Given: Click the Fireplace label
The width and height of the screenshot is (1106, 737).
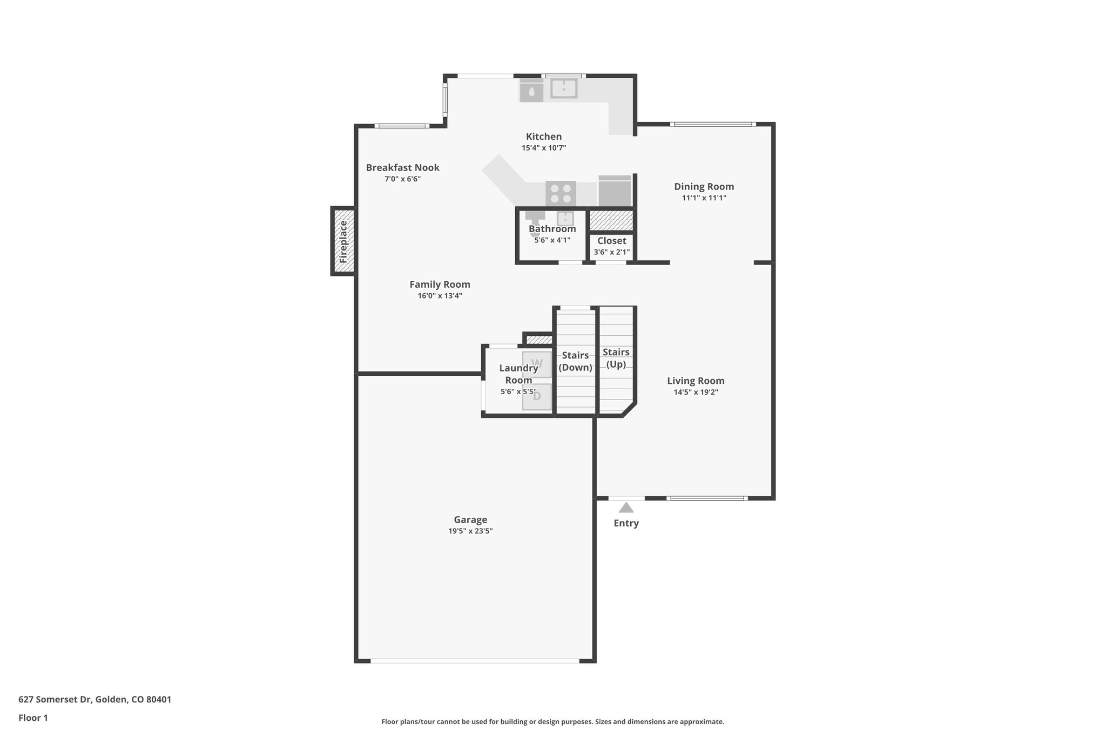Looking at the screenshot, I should click(x=343, y=241).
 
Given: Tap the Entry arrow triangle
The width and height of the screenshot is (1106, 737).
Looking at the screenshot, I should click(x=626, y=508).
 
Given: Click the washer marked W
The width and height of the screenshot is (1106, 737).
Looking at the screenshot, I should click(x=537, y=364).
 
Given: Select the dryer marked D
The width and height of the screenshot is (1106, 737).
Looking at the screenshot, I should click(x=537, y=397).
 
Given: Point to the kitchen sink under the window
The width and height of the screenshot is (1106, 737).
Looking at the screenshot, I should click(x=564, y=89).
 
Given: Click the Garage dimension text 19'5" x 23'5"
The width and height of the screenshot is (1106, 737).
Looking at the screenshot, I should click(x=470, y=531).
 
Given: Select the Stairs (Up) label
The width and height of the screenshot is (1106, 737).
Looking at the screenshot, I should click(x=616, y=358).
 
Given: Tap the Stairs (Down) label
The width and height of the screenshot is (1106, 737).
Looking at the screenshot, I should click(x=575, y=361).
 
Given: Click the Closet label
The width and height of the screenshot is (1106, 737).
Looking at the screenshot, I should click(x=611, y=241).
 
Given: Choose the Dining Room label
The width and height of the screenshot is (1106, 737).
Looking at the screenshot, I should click(x=704, y=187).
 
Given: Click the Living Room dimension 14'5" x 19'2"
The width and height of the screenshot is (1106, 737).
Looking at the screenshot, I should click(x=696, y=393).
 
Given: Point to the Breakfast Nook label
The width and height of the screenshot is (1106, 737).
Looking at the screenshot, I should click(x=402, y=167).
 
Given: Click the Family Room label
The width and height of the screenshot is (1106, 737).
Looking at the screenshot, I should click(x=440, y=285).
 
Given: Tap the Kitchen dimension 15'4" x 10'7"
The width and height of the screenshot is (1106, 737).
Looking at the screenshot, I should click(x=543, y=148).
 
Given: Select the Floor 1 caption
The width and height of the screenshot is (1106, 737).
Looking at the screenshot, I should click(x=33, y=718).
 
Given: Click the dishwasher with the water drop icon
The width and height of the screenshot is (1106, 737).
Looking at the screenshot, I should click(x=531, y=91).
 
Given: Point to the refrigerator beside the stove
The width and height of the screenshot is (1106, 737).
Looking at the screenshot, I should click(x=615, y=191).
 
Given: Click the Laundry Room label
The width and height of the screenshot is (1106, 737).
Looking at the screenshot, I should click(x=518, y=374).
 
